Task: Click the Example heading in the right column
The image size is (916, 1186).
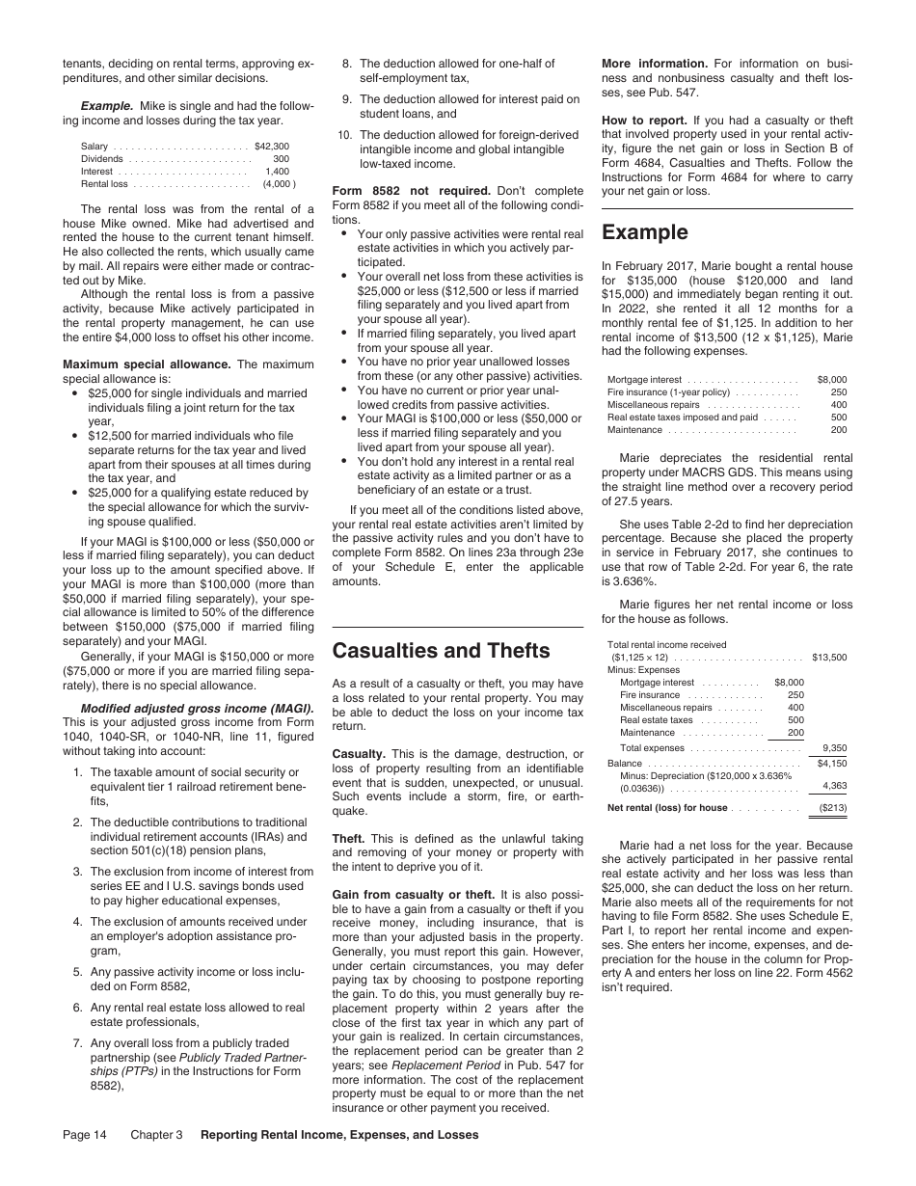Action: pos(644,232)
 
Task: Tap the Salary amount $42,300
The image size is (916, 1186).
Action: pos(271,147)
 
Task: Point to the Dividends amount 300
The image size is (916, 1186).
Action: pos(281,159)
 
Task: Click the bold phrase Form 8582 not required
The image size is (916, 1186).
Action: pos(411,189)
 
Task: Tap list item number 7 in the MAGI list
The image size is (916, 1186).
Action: pos(76,1042)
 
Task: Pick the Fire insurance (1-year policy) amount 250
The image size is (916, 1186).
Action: pos(838,392)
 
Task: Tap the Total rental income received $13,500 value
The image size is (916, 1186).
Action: pos(829,658)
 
